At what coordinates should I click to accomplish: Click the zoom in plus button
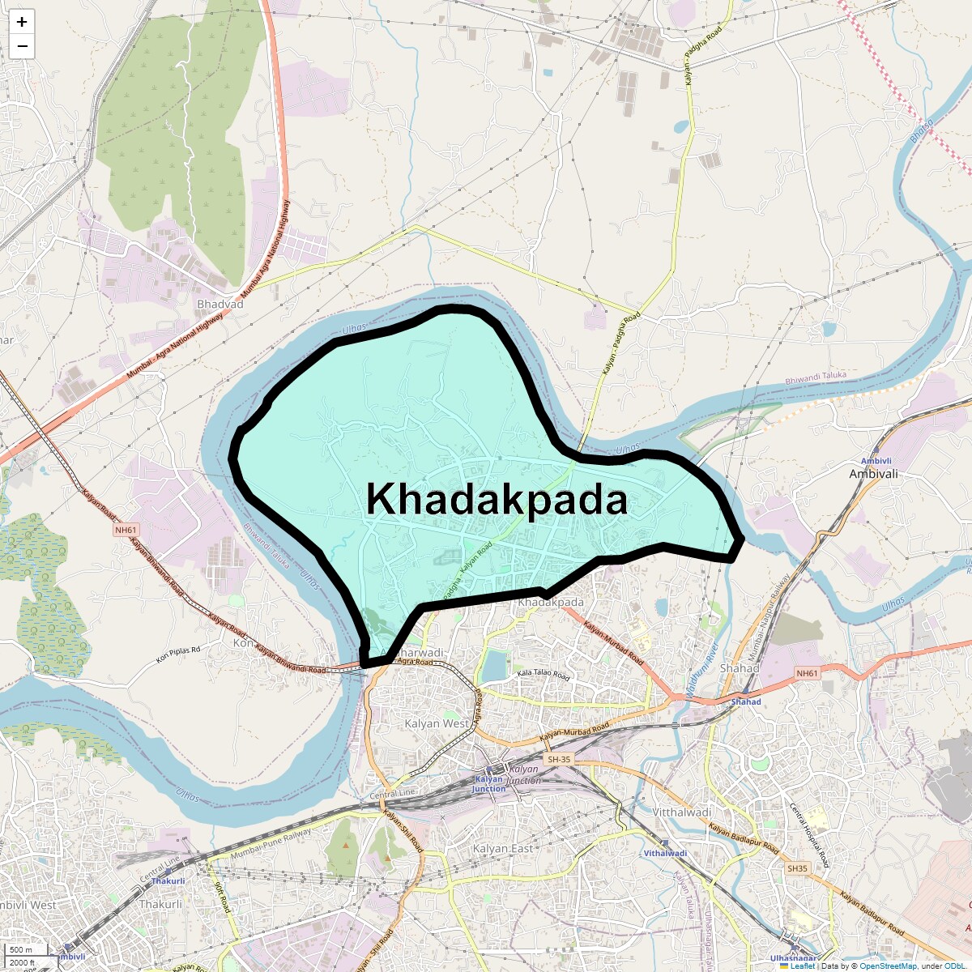coord(22,22)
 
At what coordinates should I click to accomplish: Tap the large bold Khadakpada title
coord(497,499)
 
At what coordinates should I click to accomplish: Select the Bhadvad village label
coord(220,305)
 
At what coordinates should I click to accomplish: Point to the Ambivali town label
coord(873,474)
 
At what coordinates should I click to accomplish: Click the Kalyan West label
coord(437,723)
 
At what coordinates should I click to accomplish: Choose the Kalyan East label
coord(503,848)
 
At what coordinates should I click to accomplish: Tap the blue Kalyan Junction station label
coord(488,784)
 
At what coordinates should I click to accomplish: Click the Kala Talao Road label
coord(544,675)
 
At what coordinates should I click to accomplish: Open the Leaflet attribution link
coord(802,966)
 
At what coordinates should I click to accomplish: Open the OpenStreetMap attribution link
coord(888,966)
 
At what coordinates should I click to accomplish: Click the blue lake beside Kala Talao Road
coord(492,667)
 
